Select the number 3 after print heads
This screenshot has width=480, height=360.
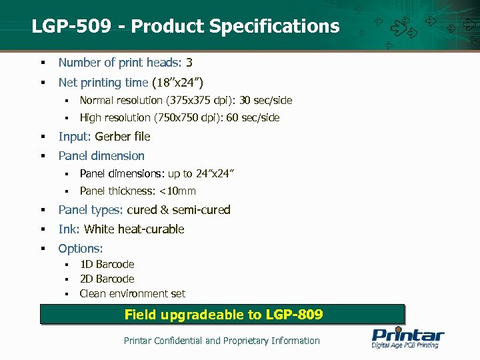pyautogui.click(x=189, y=63)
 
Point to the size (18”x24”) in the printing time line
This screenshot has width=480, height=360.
pyautogui.click(x=177, y=83)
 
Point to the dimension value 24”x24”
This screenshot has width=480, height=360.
pyautogui.click(x=215, y=174)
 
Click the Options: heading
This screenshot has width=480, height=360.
pyautogui.click(x=81, y=249)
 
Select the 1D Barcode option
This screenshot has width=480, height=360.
pyautogui.click(x=107, y=265)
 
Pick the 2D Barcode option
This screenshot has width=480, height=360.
pyautogui.click(x=107, y=279)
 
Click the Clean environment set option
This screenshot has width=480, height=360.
pyautogui.click(x=132, y=294)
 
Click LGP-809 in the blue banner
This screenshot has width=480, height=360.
pyautogui.click(x=294, y=314)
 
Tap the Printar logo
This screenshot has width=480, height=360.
pyautogui.click(x=407, y=337)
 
